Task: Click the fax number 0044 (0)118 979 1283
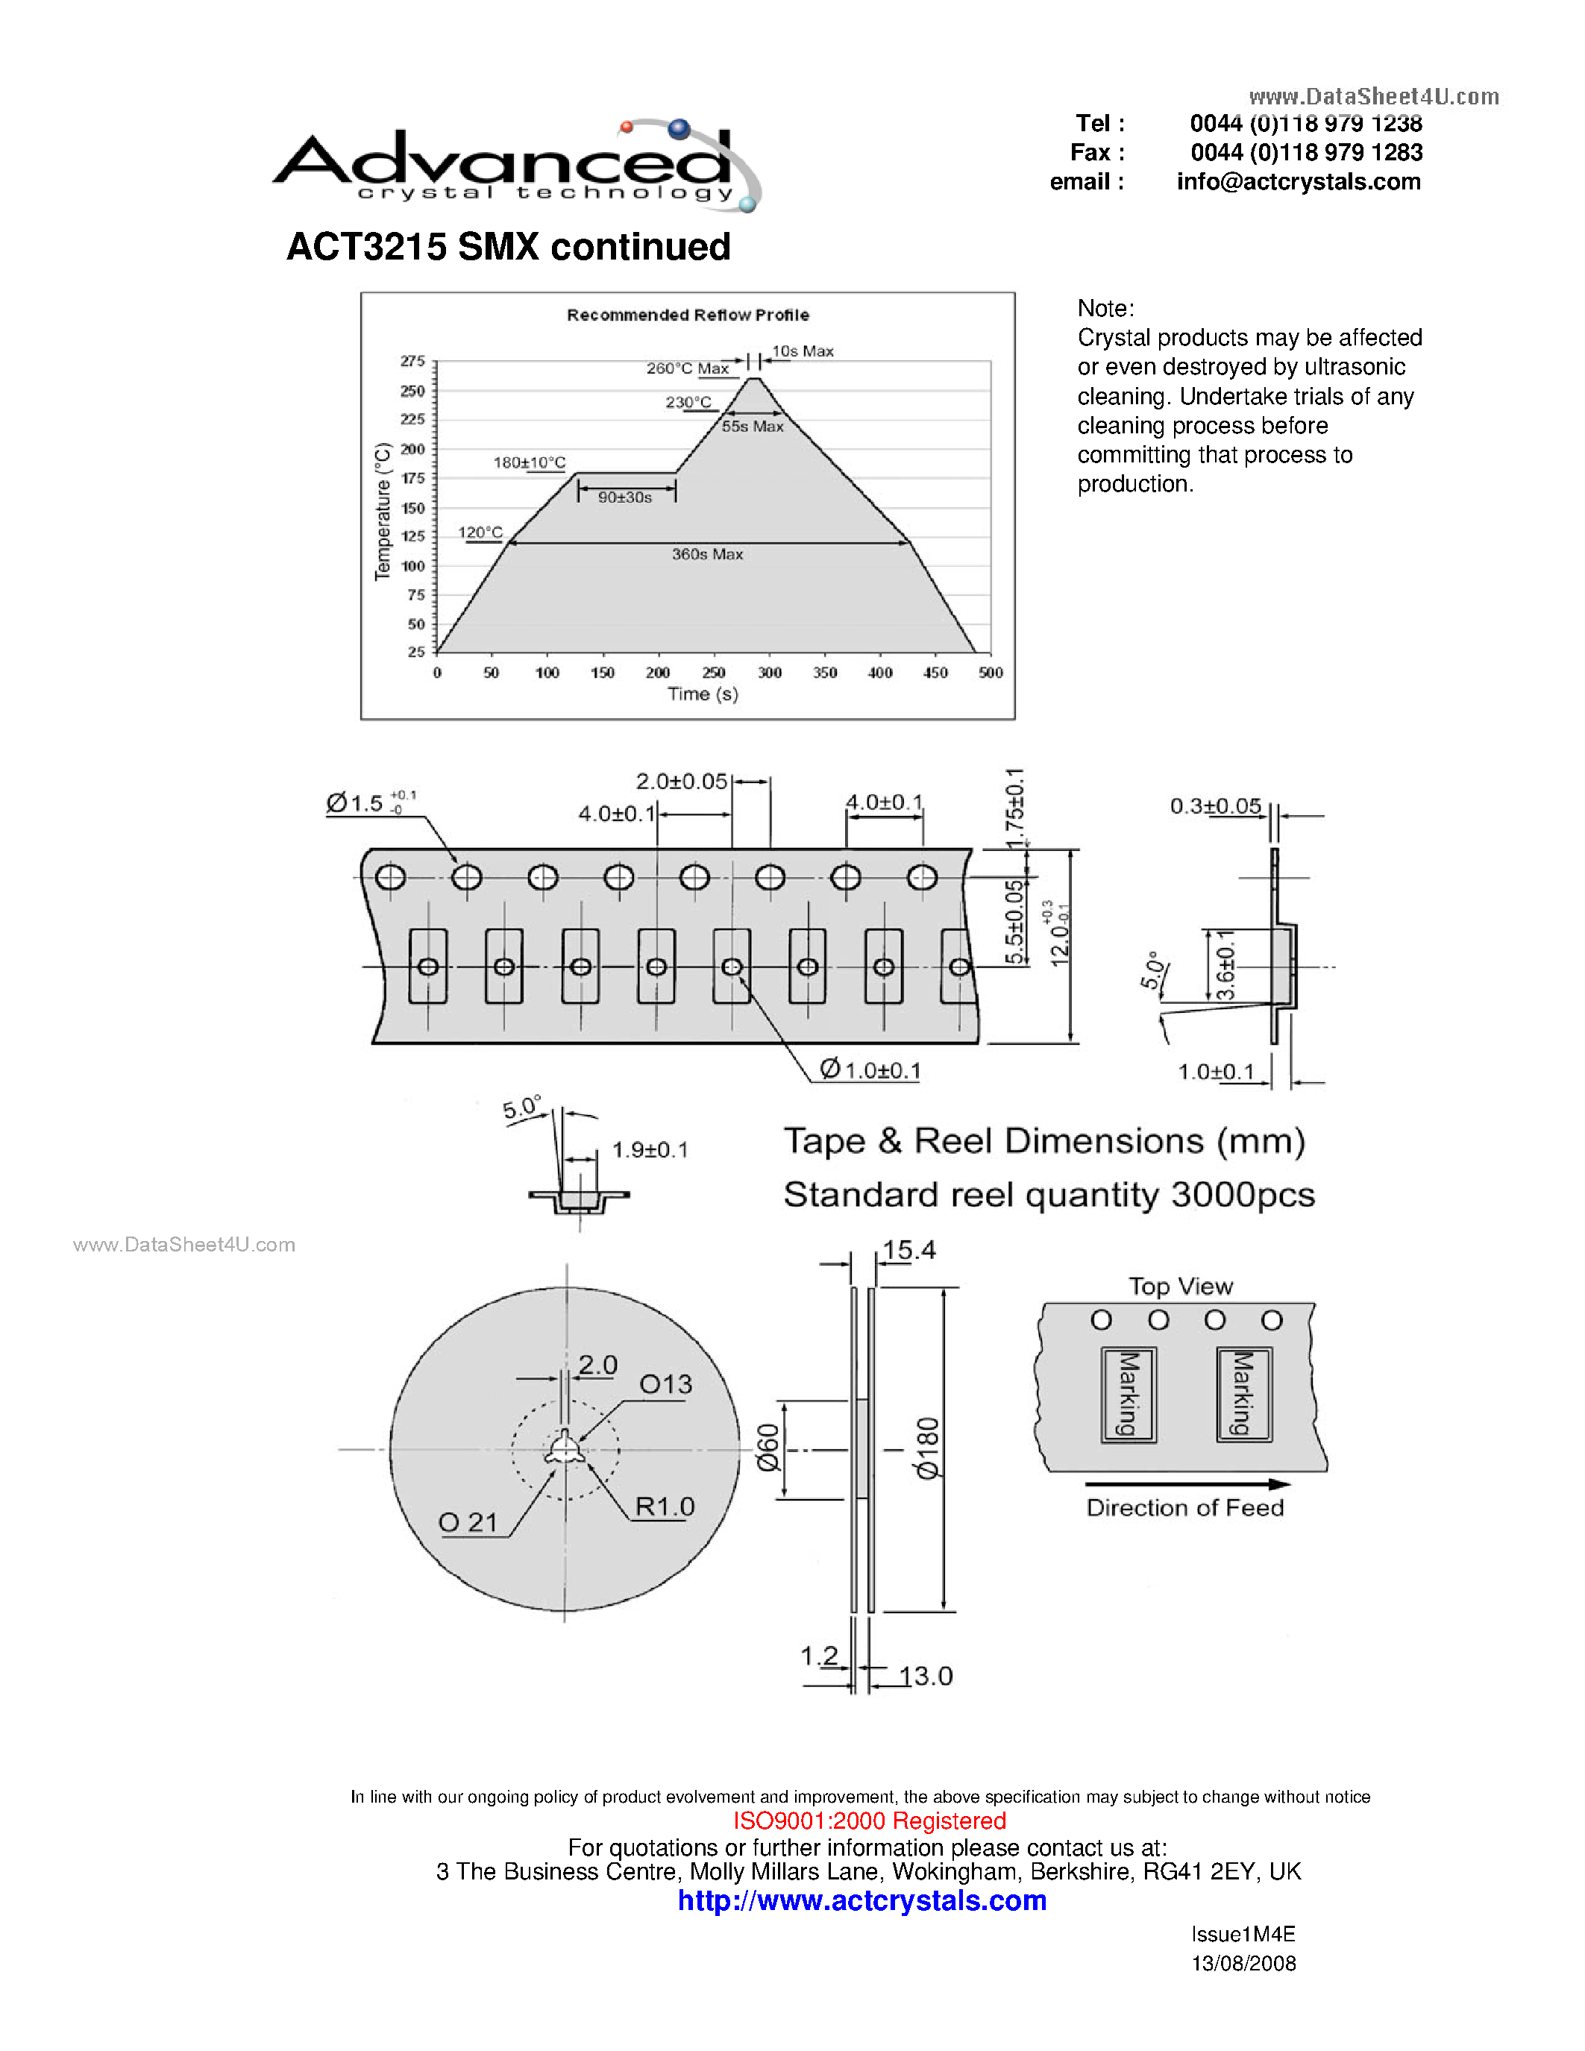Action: [1305, 152]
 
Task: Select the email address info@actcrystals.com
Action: [1298, 182]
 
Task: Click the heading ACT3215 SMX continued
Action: [508, 247]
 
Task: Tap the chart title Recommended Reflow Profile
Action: [688, 315]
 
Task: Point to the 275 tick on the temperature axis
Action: [413, 362]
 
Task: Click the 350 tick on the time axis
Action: [824, 673]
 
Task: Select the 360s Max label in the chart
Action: [707, 555]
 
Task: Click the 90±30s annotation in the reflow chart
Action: [624, 497]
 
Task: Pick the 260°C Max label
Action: [688, 368]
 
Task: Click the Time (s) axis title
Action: [703, 694]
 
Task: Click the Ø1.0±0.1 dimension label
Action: [870, 1070]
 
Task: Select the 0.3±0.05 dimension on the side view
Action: [1215, 805]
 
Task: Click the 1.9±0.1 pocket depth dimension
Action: [650, 1149]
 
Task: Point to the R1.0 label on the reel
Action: [664, 1507]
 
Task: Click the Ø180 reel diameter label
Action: [927, 1448]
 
